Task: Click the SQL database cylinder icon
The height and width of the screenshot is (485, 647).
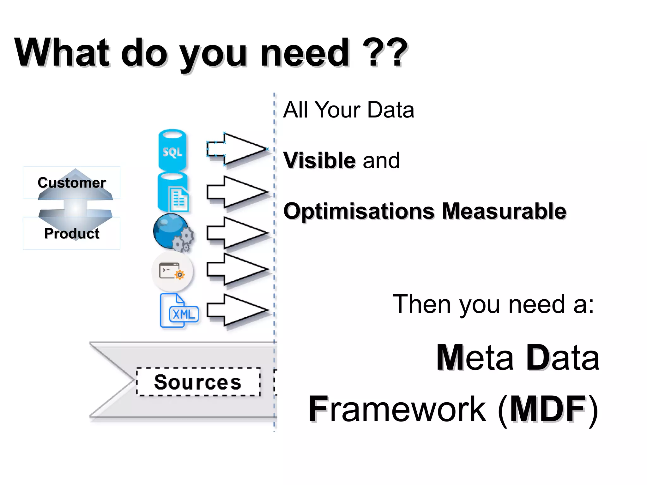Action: [x=172, y=150]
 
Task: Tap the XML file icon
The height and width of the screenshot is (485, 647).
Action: [x=179, y=311]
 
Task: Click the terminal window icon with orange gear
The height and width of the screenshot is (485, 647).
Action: [x=172, y=271]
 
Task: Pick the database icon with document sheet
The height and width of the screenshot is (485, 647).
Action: [x=173, y=193]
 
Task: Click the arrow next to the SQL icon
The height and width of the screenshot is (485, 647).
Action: [x=237, y=149]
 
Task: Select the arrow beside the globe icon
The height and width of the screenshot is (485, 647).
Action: [x=237, y=233]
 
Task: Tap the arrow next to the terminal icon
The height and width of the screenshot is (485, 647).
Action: [x=237, y=269]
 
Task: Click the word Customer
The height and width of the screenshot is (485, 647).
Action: [x=72, y=183]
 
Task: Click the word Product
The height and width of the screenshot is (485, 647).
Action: [x=72, y=234]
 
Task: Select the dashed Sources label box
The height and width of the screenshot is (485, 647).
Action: [x=198, y=382]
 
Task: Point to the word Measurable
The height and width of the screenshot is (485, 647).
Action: [x=504, y=211]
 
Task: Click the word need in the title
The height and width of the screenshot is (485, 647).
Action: [x=305, y=52]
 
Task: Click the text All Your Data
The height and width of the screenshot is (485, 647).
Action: [x=348, y=110]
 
